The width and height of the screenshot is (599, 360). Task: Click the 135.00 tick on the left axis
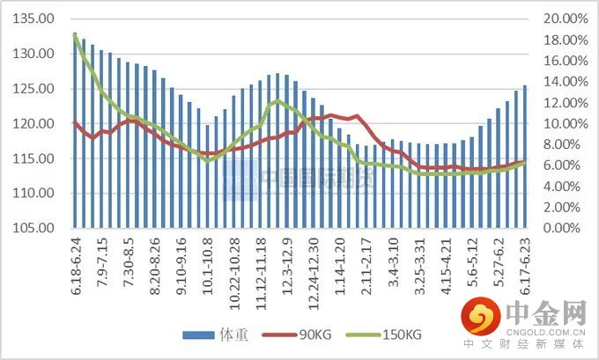36,19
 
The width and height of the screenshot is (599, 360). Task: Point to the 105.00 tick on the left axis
36,229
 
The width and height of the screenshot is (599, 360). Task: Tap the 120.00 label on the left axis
36,124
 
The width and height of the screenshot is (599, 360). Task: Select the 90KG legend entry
307,335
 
